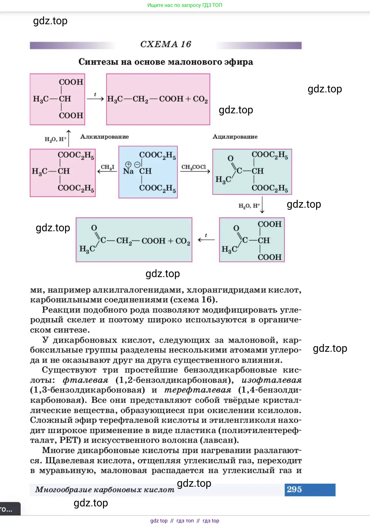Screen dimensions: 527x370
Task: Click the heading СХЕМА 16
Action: click(165, 44)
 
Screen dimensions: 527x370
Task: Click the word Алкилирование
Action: click(105, 137)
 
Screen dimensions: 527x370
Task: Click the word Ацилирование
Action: click(235, 137)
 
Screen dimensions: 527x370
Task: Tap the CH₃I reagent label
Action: click(107, 167)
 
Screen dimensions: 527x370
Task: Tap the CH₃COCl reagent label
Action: click(193, 167)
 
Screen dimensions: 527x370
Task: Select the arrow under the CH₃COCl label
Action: click(195, 171)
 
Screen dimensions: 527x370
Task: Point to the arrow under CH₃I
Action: click(107, 171)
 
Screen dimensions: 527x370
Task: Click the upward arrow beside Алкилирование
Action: click(69, 138)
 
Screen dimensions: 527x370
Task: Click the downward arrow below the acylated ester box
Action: click(262, 205)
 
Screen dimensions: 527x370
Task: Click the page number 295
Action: click(294, 489)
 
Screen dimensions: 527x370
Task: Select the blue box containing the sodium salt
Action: click(148, 172)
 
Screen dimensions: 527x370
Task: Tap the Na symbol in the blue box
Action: click(128, 171)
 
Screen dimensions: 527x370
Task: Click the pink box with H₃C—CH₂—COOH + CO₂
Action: click(158, 99)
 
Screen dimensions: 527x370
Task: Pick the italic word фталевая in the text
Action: click(85, 380)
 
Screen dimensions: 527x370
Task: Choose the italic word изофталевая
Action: click(271, 380)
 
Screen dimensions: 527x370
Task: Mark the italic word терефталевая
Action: click(198, 390)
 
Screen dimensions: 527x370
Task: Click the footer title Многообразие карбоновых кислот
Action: click(105, 490)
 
